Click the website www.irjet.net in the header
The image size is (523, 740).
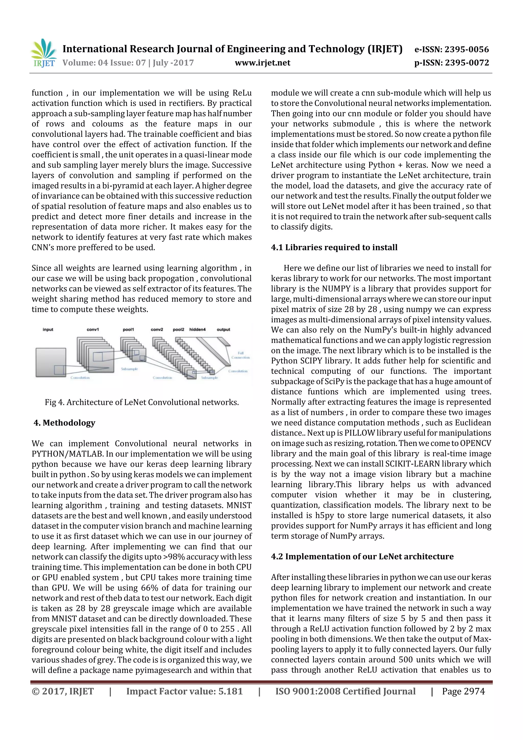click(x=262, y=63)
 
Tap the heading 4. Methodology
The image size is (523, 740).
click(x=64, y=423)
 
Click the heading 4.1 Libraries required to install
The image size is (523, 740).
click(x=334, y=248)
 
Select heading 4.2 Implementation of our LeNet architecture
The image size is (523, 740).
click(x=362, y=557)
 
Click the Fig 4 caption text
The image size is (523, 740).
click(x=142, y=402)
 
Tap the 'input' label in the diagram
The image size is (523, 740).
click(x=48, y=330)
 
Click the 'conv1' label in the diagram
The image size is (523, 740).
click(x=93, y=330)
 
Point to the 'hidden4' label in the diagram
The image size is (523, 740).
click(x=197, y=330)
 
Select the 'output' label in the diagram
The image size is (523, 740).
click(x=223, y=330)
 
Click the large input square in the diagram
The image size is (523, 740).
click(x=51, y=362)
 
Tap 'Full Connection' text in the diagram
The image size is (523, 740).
click(x=240, y=355)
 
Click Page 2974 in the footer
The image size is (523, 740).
click(x=463, y=691)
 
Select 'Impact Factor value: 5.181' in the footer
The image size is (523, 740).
click(x=184, y=691)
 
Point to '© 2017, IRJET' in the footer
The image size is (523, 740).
click(x=63, y=691)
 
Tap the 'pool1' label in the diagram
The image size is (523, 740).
click(x=128, y=330)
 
